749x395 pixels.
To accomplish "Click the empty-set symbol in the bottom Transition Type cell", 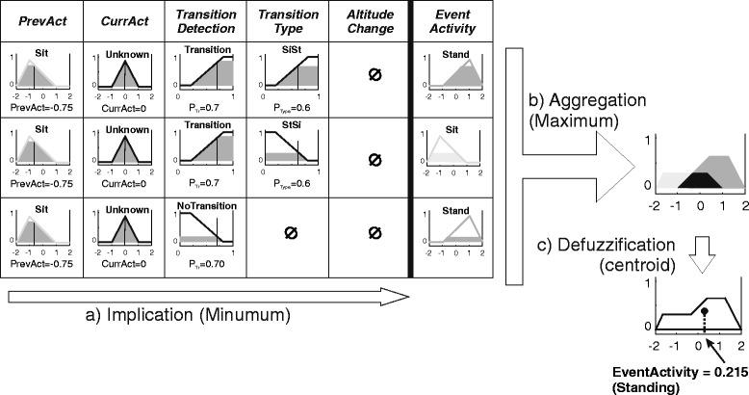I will click(x=285, y=231).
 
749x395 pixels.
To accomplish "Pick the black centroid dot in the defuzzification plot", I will click(x=705, y=311).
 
